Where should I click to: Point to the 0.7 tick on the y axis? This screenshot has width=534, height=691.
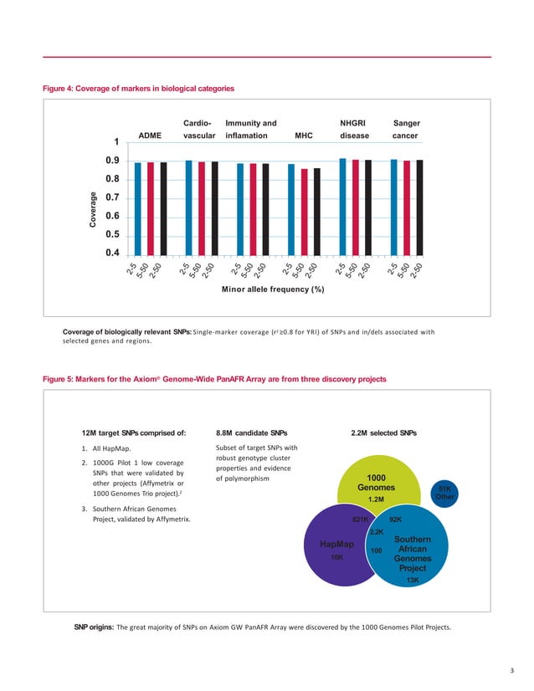[110, 197]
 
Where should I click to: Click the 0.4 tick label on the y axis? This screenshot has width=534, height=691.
[110, 253]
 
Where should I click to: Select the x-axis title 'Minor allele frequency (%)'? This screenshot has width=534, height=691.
[272, 289]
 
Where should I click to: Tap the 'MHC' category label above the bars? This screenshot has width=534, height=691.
[304, 134]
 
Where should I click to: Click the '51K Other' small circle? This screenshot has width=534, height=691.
[444, 493]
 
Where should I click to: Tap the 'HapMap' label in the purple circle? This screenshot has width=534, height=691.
[337, 544]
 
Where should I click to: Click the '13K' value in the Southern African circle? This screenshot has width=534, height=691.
[412, 580]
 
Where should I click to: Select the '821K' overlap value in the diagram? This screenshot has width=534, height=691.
[362, 520]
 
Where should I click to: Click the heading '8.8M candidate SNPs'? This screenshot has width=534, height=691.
[252, 433]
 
